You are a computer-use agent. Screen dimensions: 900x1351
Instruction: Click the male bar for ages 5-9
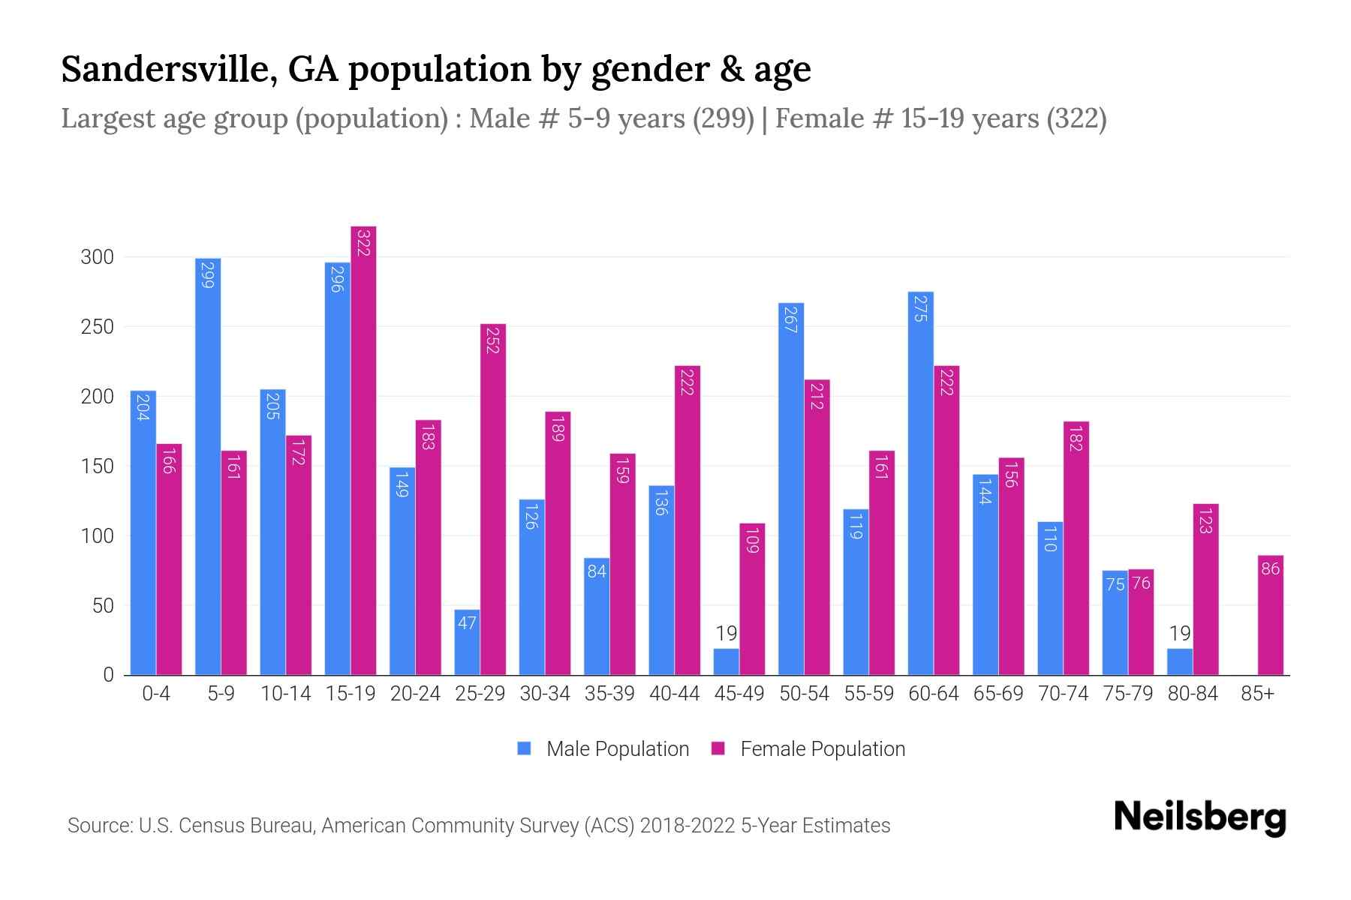pyautogui.click(x=208, y=466)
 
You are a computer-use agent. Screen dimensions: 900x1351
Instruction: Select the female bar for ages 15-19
pyautogui.click(x=363, y=451)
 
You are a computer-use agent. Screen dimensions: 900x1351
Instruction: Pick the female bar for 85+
pyautogui.click(x=1271, y=615)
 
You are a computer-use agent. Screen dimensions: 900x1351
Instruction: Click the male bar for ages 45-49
pyautogui.click(x=726, y=661)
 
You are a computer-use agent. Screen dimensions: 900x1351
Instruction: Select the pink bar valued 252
pyautogui.click(x=493, y=499)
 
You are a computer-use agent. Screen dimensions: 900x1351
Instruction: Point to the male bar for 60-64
pyautogui.click(x=920, y=484)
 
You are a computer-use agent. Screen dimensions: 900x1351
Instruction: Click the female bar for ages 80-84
pyautogui.click(x=1205, y=589)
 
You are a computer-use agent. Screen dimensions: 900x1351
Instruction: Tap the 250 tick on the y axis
pyautogui.click(x=97, y=327)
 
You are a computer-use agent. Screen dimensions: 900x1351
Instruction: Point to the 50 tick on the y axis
pyautogui.click(x=103, y=606)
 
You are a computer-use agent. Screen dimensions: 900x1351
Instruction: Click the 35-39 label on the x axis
pyautogui.click(x=609, y=694)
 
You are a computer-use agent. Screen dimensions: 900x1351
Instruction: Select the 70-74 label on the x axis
pyautogui.click(x=1063, y=694)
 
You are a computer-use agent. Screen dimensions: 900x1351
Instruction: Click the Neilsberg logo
pyautogui.click(x=1199, y=817)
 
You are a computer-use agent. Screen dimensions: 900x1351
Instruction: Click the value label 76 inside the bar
pyautogui.click(x=1141, y=583)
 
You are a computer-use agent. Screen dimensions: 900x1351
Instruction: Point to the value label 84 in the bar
pyautogui.click(x=597, y=571)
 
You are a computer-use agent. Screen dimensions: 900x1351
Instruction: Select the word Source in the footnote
pyautogui.click(x=97, y=826)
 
